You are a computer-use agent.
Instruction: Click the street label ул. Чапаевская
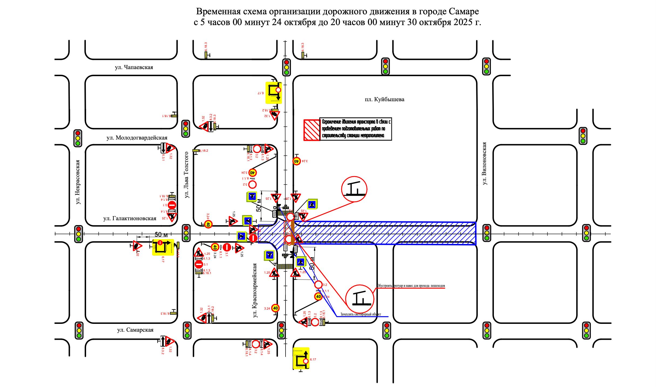tap(134, 67)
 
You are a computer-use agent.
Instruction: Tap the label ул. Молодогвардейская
tap(137, 138)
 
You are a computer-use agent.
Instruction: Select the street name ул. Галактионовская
tap(130, 218)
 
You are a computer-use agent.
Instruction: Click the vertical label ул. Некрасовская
tap(78, 182)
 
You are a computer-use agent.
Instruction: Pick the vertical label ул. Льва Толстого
tap(186, 175)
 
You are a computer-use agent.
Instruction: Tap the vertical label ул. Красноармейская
tap(255, 290)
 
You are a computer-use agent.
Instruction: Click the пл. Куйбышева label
tap(384, 99)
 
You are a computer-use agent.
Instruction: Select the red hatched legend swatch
tap(311, 130)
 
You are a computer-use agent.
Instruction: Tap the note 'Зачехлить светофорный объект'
tap(361, 314)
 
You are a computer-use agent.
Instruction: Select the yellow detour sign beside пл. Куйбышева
tap(274, 93)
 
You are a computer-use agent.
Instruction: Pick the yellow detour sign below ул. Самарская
tap(301, 358)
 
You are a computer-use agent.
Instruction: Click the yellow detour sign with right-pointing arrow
tap(163, 247)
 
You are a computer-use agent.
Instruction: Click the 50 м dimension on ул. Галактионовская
tap(162, 234)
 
